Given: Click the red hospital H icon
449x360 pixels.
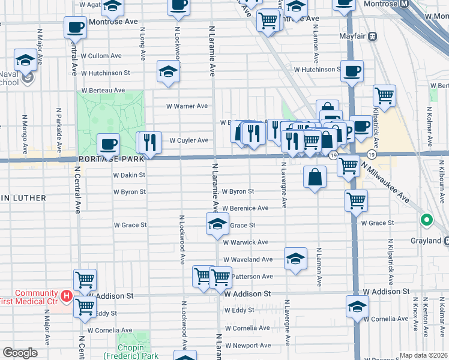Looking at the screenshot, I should click(x=67, y=296).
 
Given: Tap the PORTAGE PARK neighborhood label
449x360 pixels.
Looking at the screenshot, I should click(x=111, y=160).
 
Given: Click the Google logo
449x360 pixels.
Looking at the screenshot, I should click(x=20, y=353).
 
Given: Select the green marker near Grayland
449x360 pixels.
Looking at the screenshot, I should click(x=427, y=220).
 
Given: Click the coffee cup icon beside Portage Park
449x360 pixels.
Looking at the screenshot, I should click(x=109, y=145).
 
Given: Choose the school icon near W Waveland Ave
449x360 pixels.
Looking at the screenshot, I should click(x=295, y=259).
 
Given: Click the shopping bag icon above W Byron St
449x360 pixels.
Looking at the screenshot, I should click(x=315, y=178).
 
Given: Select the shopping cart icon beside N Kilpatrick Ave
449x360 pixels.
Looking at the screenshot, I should click(x=384, y=95).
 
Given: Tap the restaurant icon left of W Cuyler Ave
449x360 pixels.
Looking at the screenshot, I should click(x=150, y=142).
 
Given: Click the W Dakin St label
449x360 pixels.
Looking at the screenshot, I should click(x=129, y=175).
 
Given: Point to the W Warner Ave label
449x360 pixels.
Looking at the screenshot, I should click(x=187, y=106).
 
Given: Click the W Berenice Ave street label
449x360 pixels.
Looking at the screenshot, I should click(x=245, y=208).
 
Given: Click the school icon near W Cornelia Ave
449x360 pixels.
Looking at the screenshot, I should click(x=357, y=307).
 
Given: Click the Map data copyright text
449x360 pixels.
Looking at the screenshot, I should click(x=424, y=355).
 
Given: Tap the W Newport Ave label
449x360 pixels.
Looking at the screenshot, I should click(x=247, y=346).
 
